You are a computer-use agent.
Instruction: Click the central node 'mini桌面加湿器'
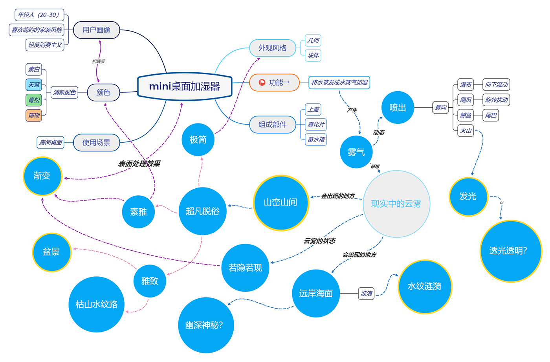click(x=185, y=86)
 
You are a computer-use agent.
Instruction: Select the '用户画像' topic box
click(x=96, y=30)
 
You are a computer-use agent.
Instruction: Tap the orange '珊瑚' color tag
click(x=34, y=115)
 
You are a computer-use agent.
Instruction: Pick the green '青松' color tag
click(x=34, y=100)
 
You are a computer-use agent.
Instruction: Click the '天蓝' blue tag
click(x=34, y=85)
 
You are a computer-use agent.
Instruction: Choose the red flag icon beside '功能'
click(x=262, y=83)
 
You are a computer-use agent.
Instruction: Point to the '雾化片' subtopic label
click(x=316, y=125)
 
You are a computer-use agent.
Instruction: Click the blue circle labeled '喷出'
click(x=398, y=108)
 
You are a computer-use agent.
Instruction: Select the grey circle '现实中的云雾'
click(x=396, y=204)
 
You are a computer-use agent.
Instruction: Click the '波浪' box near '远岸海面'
click(x=366, y=293)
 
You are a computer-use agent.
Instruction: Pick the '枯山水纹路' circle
click(x=96, y=304)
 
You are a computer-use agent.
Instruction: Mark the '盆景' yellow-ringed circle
click(x=51, y=252)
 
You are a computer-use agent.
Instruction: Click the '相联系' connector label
click(x=98, y=61)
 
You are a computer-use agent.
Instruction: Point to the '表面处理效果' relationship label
click(x=139, y=164)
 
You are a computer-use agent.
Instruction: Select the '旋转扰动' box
click(x=496, y=100)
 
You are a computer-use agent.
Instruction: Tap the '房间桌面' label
click(x=51, y=142)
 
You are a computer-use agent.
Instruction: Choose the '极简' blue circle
click(x=198, y=140)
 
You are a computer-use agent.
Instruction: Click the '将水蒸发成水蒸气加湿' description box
click(x=339, y=83)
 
